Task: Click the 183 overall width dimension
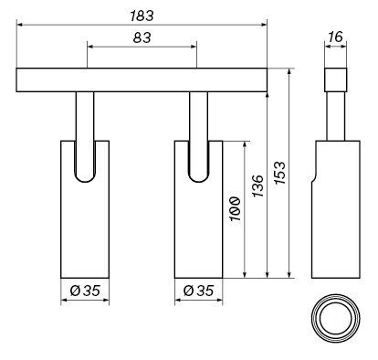coord(142,16)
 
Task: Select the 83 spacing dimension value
coord(142,38)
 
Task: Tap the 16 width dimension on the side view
coord(335,38)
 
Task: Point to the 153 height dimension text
coord(280,173)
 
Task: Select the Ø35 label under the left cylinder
coord(85,291)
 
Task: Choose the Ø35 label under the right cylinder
coord(198,291)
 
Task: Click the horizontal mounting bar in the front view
coord(142,79)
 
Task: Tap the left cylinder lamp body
coord(85,228)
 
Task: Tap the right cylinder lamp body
coord(198,228)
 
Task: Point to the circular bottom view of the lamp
coord(335,321)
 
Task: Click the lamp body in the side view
coord(335,219)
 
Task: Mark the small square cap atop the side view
coord(335,79)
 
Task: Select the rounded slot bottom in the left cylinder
coord(85,175)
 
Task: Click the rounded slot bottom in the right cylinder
coord(198,175)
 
